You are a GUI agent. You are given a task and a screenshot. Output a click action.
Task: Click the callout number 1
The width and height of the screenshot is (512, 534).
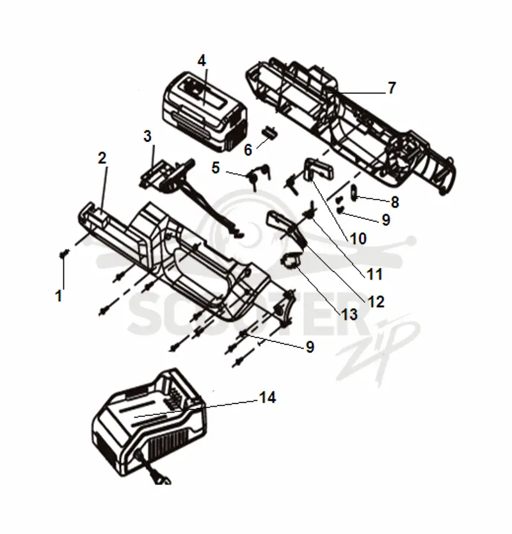coord(59,296)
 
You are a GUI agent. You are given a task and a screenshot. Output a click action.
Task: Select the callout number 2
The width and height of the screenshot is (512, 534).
coord(102,158)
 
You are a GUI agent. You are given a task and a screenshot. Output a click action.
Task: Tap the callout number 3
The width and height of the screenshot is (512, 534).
coord(147,136)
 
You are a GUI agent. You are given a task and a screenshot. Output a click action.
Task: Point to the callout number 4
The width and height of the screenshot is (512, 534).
coord(202,61)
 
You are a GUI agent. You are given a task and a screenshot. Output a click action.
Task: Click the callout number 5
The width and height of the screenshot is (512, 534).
coord(216,168)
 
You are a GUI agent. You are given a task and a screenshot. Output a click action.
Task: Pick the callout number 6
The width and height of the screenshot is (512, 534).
coord(248,150)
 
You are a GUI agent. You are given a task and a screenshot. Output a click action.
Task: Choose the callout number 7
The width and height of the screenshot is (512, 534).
coord(392,88)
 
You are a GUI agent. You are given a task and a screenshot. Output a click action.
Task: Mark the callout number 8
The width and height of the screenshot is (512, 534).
coord(395,202)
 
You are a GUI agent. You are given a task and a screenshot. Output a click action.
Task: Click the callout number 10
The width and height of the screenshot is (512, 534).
coord(358,239)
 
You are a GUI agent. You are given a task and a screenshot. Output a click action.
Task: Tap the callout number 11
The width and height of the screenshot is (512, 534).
coord(374,274)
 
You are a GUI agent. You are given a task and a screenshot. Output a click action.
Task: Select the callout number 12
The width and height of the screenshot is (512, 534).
coord(376,302)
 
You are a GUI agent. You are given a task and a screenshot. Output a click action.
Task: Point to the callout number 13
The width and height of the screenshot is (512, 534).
coord(349,315)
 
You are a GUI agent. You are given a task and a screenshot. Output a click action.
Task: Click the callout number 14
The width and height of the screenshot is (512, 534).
coord(268,397)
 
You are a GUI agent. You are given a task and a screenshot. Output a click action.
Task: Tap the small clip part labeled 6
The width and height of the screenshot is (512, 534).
coord(269,132)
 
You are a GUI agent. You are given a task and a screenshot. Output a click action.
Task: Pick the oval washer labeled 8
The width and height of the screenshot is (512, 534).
coord(353,192)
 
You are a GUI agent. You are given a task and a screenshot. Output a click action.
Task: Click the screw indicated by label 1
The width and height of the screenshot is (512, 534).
coord(63,254)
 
